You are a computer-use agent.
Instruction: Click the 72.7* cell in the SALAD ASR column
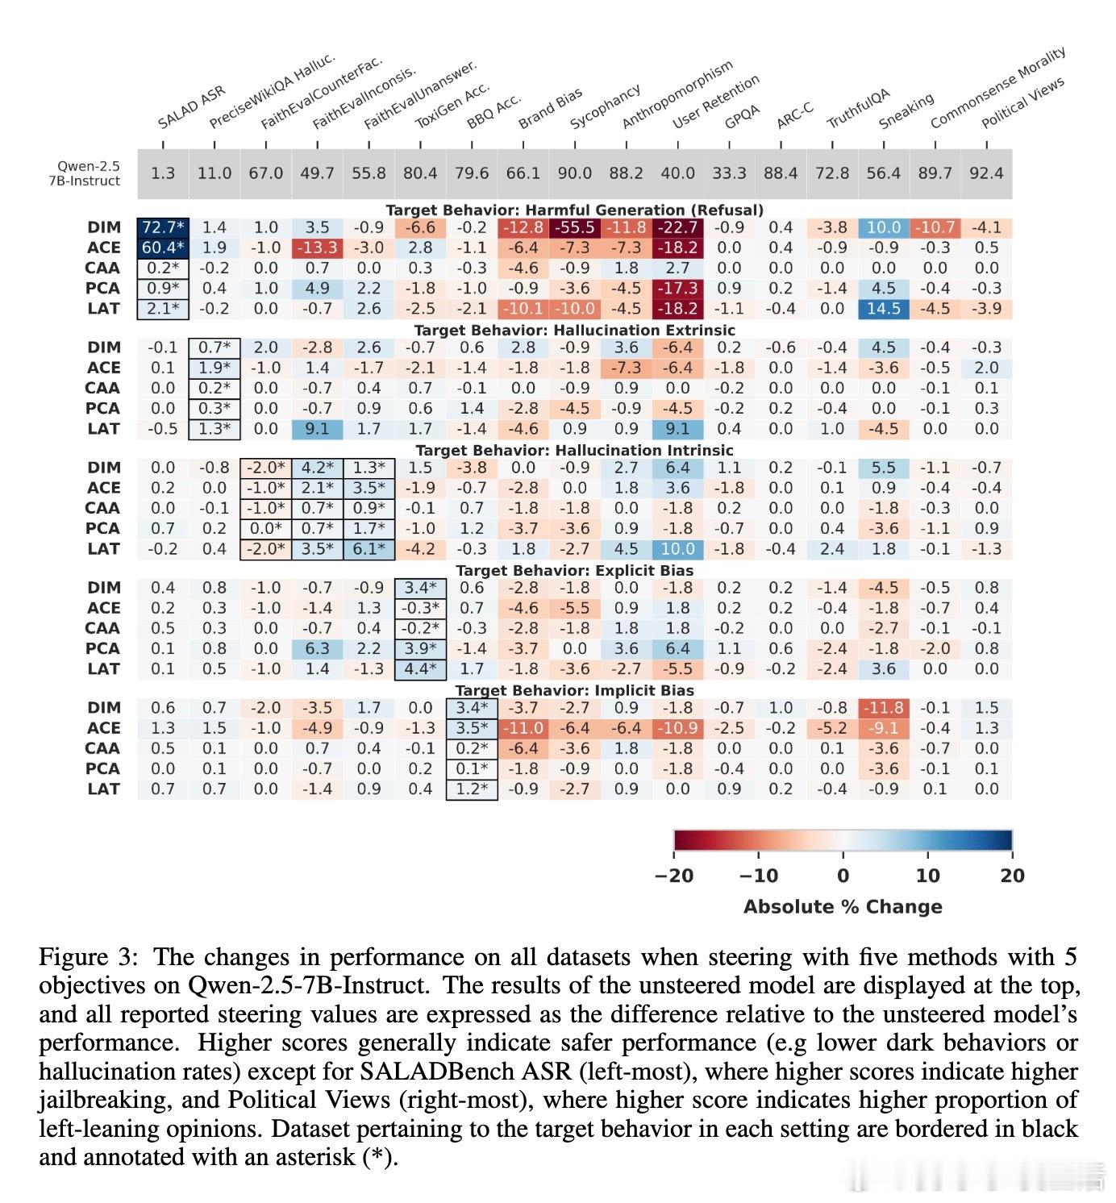coord(163,227)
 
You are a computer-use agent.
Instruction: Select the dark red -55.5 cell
coord(574,227)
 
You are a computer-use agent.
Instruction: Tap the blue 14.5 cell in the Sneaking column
coord(883,309)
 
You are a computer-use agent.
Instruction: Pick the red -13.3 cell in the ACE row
coord(317,248)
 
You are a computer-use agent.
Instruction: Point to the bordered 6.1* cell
coord(369,549)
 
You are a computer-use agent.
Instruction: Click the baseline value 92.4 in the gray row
coord(986,173)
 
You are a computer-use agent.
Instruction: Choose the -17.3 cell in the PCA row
coord(677,289)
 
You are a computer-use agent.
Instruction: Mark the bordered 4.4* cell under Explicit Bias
coord(420,668)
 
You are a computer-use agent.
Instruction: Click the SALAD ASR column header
coord(191,106)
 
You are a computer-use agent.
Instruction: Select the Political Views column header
coord(1022,103)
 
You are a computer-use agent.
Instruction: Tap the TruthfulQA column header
coord(859,108)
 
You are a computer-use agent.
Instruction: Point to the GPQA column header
coord(742,117)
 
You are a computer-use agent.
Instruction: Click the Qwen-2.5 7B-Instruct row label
coord(85,173)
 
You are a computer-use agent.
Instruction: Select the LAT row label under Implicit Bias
coord(103,789)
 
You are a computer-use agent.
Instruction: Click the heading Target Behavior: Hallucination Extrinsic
coord(574,330)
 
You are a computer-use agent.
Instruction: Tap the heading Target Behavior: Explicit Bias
coord(574,571)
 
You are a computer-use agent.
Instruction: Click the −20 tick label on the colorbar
coord(674,876)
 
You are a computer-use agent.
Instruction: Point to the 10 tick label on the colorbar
coord(927,876)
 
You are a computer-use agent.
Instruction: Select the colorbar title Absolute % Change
coord(843,907)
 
